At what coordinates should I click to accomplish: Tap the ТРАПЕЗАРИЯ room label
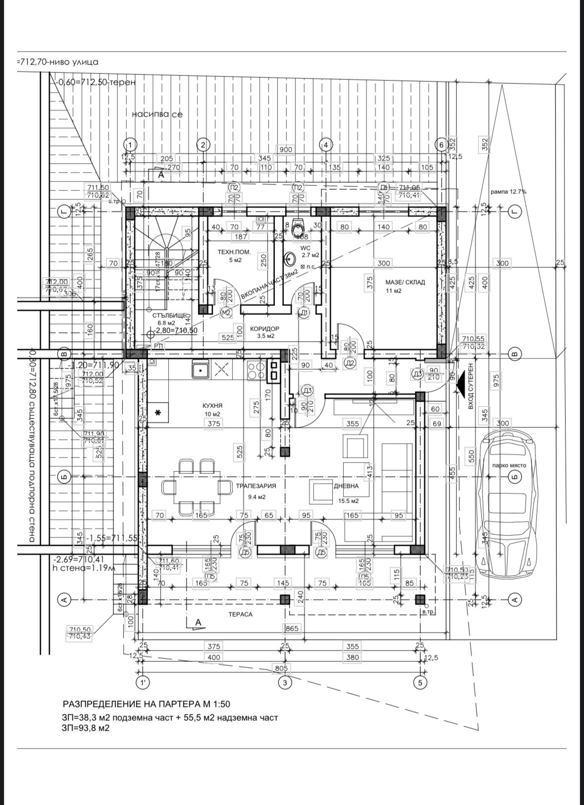(x=256, y=486)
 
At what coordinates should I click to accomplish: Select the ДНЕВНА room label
(x=346, y=486)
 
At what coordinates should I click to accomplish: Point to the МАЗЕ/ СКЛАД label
(x=405, y=282)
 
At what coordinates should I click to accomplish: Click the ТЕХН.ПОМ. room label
(x=234, y=252)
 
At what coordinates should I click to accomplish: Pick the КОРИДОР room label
(x=265, y=329)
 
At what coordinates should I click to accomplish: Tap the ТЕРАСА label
(x=240, y=614)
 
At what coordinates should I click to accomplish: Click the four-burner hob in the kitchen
(x=256, y=371)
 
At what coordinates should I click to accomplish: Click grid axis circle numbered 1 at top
(x=130, y=145)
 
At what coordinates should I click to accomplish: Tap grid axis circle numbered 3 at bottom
(x=284, y=683)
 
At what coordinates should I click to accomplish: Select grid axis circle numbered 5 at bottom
(x=420, y=683)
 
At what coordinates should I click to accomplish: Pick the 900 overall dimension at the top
(x=286, y=149)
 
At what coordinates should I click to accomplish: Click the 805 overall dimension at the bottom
(x=281, y=668)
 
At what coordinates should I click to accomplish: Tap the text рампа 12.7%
(x=508, y=191)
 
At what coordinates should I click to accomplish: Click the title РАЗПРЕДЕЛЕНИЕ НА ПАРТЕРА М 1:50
(x=146, y=704)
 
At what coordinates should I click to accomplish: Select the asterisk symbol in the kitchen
(x=159, y=412)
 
